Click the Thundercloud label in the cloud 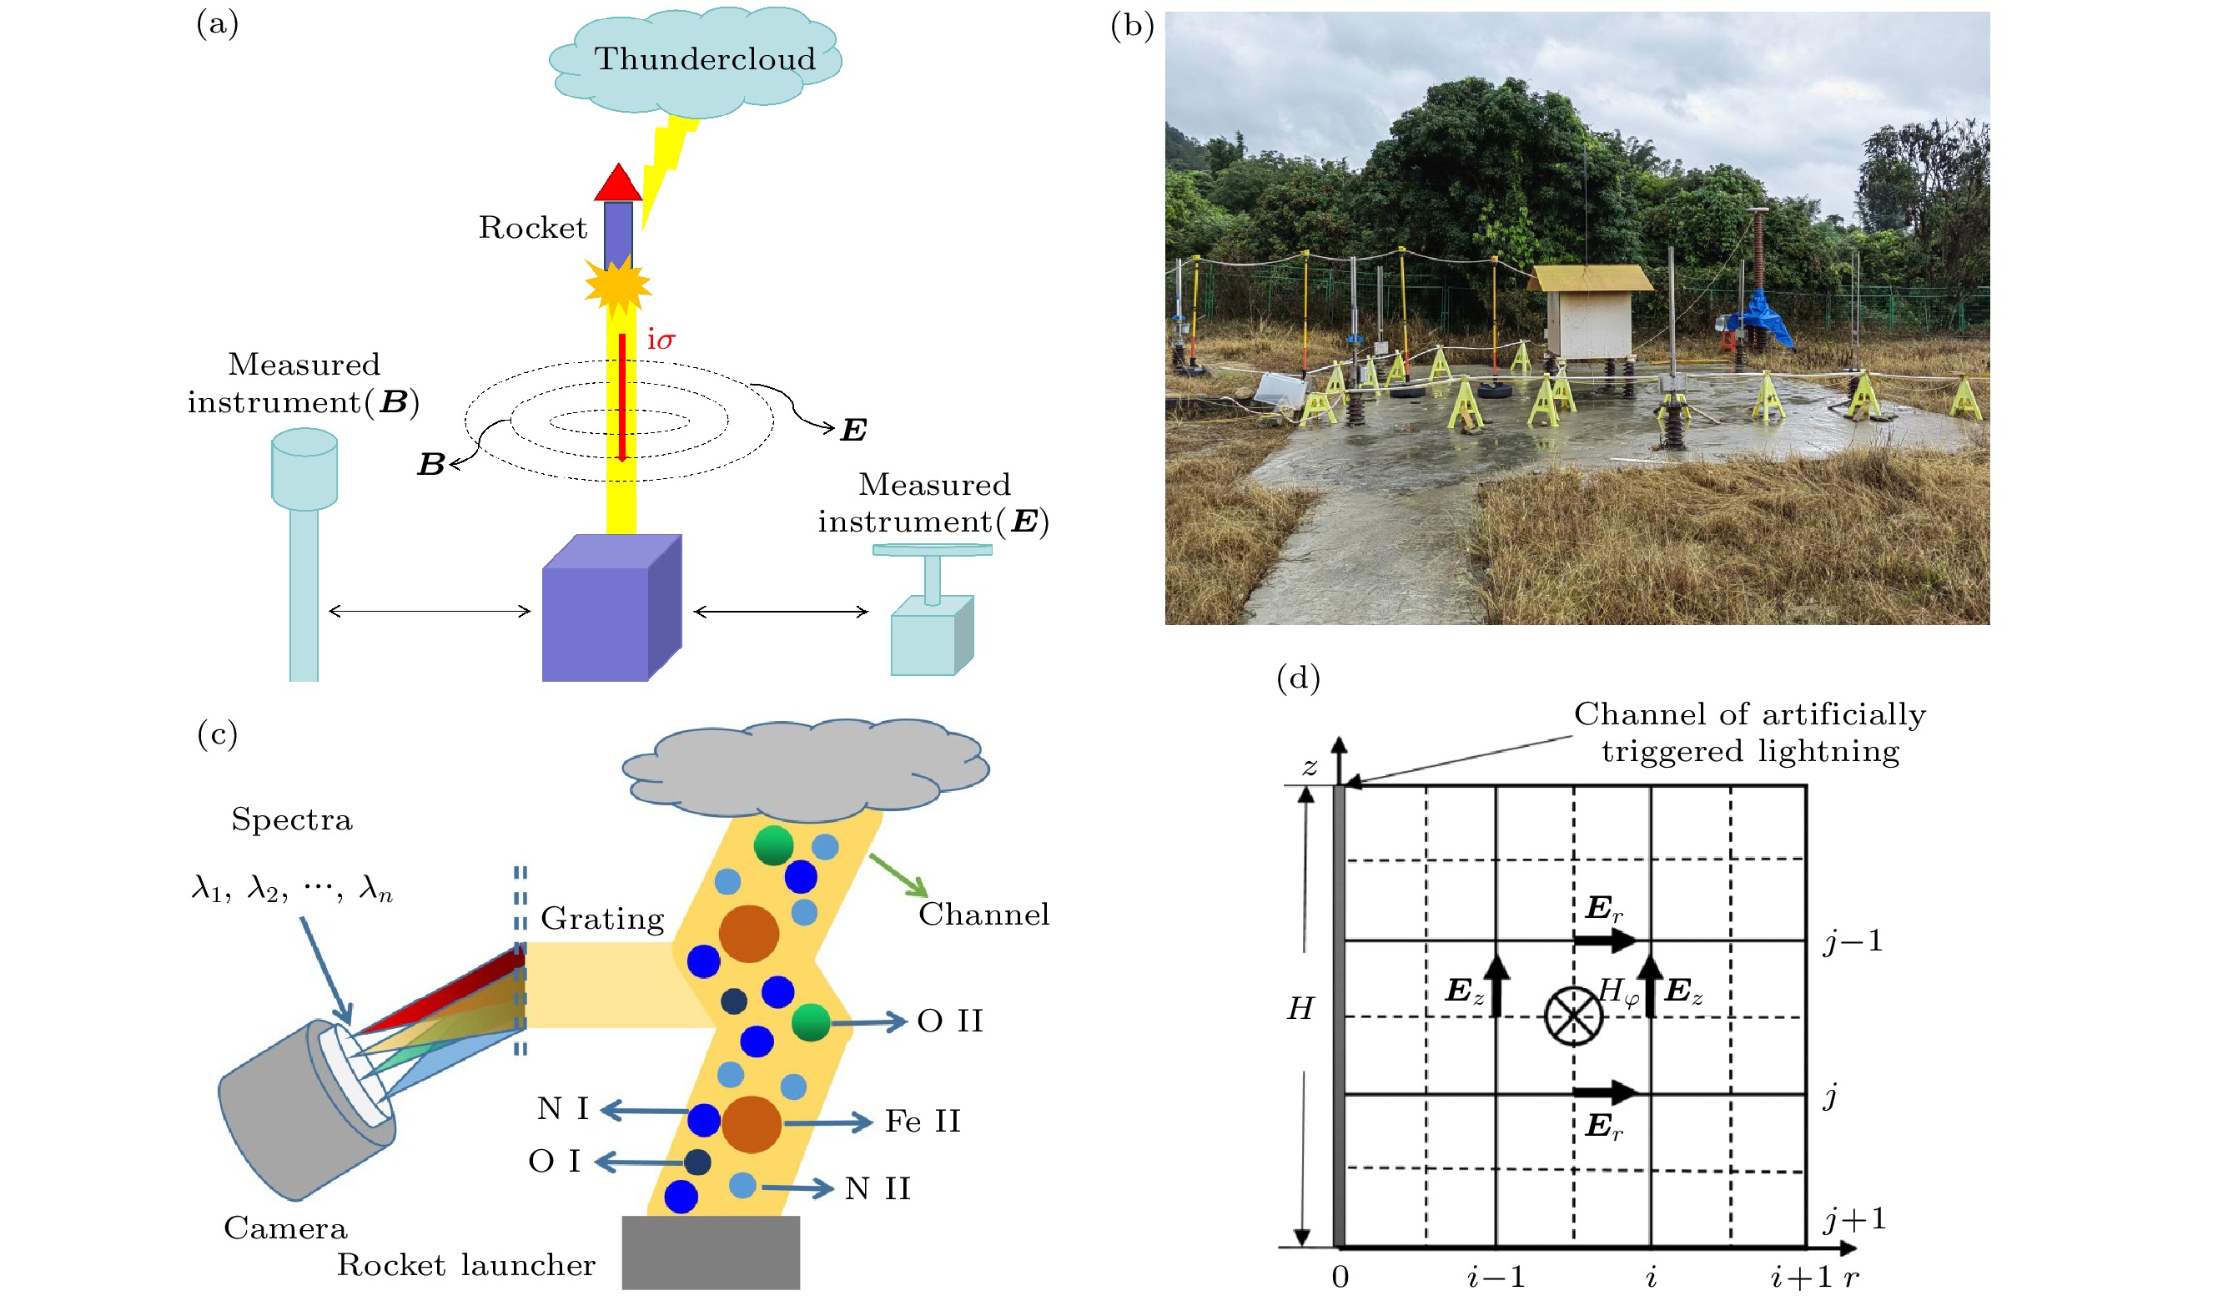(x=705, y=58)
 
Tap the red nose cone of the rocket (x=617, y=184)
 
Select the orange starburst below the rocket (x=617, y=285)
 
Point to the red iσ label (x=661, y=340)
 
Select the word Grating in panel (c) (x=602, y=919)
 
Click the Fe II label (x=923, y=1122)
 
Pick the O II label (x=950, y=1021)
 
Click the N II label (x=878, y=1189)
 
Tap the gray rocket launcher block (x=711, y=1252)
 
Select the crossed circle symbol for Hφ (x=1573, y=1016)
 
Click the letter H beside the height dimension (x=1300, y=1009)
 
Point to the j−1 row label (x=1853, y=941)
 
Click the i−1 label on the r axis (x=1496, y=1277)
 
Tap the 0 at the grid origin (x=1340, y=1277)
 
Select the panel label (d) (x=1298, y=678)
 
